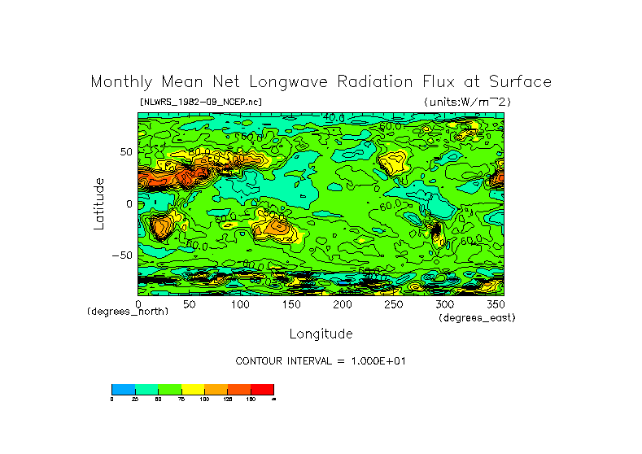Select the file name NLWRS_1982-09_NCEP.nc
201,102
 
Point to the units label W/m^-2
467,102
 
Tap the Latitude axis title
99,203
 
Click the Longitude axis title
321,334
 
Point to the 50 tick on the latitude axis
126,152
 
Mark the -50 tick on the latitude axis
122,255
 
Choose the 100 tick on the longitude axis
241,304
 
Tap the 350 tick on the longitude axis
495,304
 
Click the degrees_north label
128,312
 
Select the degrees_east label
477,317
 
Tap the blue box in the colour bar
123,389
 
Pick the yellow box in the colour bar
193,389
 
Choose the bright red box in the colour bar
262,389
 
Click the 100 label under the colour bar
205,399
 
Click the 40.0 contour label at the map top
334,118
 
